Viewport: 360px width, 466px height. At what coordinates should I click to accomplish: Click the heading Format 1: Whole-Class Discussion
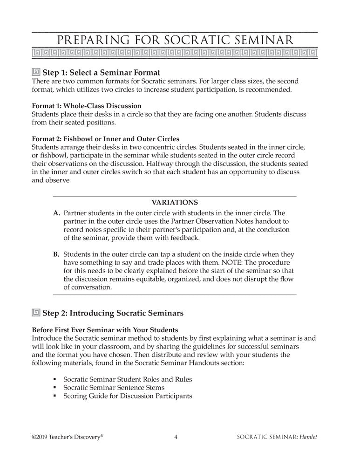pos(86,106)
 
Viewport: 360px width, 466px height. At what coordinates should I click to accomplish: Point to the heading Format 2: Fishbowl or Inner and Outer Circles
pos(105,138)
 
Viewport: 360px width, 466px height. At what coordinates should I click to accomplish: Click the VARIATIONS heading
pos(175,202)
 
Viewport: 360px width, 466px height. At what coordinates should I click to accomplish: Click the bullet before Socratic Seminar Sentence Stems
pos(55,388)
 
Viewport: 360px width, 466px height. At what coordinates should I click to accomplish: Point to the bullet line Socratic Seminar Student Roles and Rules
pos(127,379)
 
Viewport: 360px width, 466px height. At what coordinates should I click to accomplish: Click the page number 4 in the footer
pos(175,437)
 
